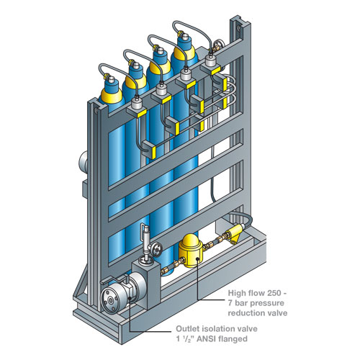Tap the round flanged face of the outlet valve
click(x=111, y=300)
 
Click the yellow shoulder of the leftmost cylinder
click(x=111, y=96)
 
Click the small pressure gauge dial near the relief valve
click(x=156, y=250)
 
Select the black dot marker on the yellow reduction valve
click(x=197, y=259)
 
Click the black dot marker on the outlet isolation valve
click(x=130, y=298)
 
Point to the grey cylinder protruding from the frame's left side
click(x=84, y=161)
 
